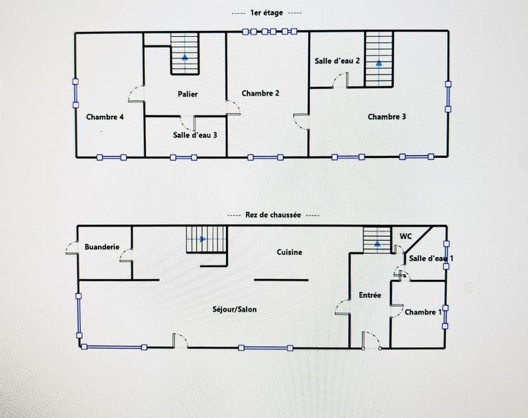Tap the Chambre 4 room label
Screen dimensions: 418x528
tap(105, 117)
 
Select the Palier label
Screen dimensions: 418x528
tap(188, 94)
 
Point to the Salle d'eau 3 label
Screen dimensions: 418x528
tap(195, 135)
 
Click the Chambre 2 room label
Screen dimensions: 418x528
tap(260, 93)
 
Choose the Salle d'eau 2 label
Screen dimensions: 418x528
tap(337, 61)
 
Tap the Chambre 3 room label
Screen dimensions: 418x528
tap(387, 117)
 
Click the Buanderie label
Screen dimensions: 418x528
tap(102, 247)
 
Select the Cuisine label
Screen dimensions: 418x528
tap(289, 252)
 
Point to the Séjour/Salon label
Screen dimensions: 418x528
tap(235, 309)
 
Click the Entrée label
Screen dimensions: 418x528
tap(369, 295)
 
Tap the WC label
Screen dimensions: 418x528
tap(406, 236)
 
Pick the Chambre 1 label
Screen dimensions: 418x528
tap(423, 312)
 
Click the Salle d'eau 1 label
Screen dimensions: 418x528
tap(431, 258)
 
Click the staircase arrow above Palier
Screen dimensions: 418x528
tap(185, 57)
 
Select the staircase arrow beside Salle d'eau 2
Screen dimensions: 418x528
tap(379, 64)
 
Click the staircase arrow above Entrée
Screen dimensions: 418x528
tap(377, 244)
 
